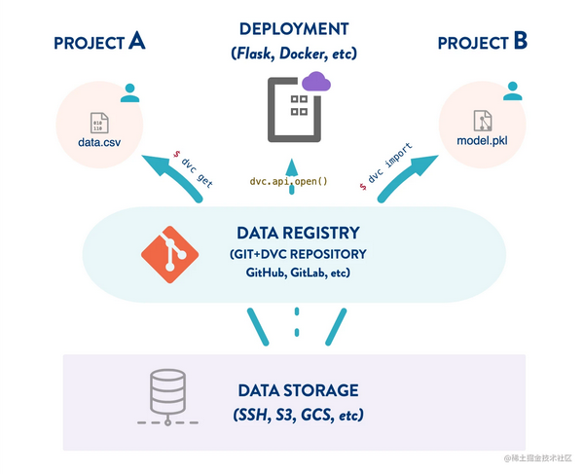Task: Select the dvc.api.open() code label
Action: [289, 181]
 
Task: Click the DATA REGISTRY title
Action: [298, 234]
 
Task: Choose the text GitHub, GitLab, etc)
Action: [298, 273]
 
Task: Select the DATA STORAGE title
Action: [298, 391]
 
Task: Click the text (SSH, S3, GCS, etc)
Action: [298, 416]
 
